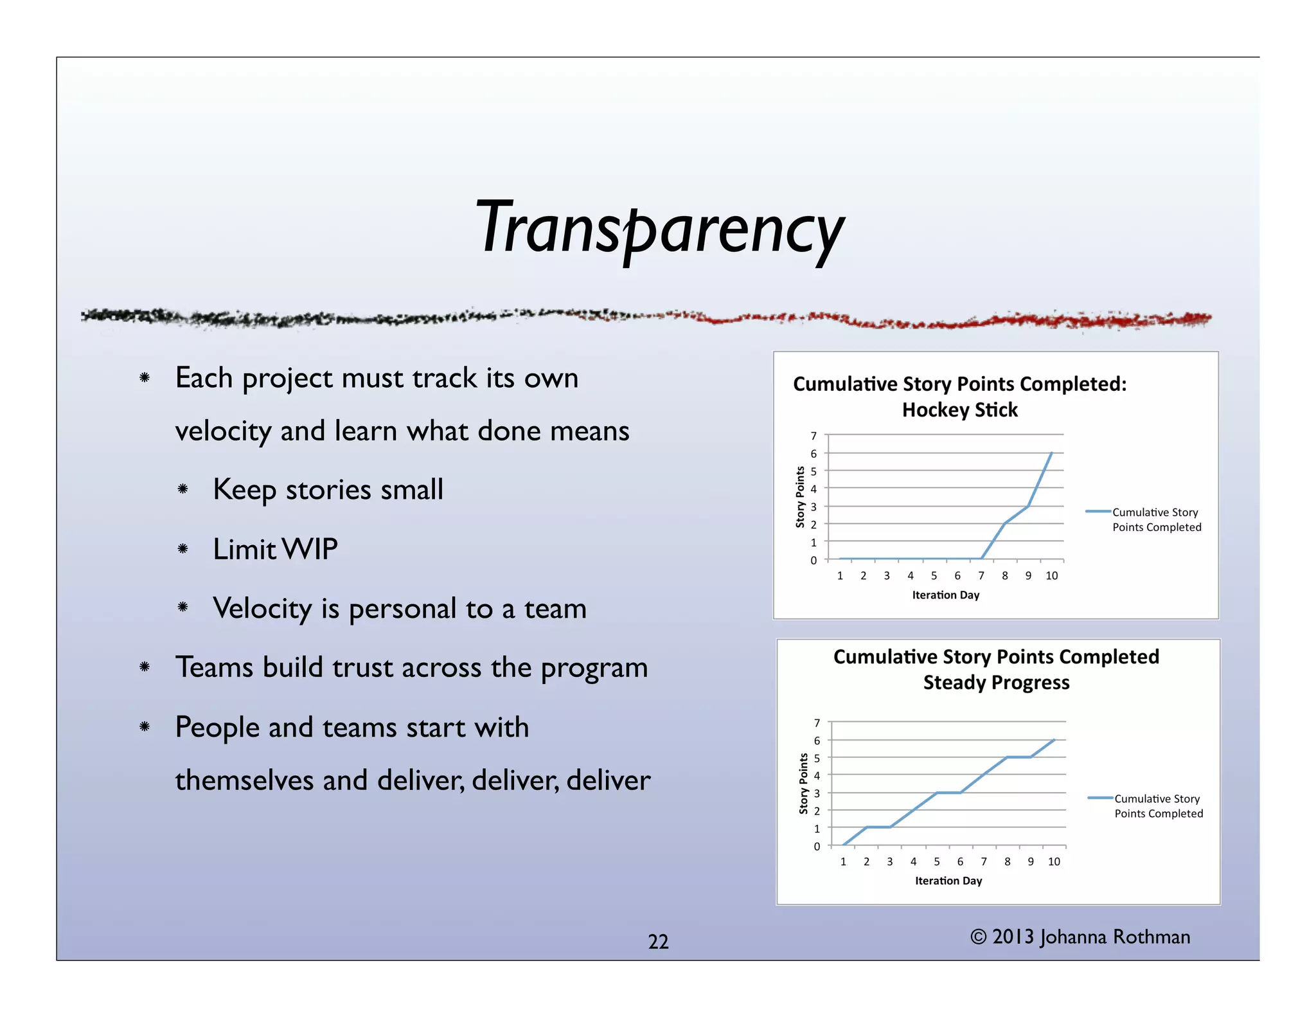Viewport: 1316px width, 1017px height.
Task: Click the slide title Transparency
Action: [659, 229]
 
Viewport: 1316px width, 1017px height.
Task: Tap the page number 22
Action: [658, 942]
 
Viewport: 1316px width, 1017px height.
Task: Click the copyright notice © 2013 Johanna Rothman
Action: [1080, 937]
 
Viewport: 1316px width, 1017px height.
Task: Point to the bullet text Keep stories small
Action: [328, 490]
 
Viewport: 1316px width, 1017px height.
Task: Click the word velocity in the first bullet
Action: [222, 431]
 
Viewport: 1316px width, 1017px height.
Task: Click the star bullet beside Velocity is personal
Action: [183, 607]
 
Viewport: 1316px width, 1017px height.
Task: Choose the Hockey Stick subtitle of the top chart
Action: [959, 410]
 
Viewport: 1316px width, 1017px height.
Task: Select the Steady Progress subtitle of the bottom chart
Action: [996, 683]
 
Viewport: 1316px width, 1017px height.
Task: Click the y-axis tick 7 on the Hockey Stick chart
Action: [814, 437]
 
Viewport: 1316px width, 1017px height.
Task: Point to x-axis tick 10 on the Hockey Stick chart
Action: [1051, 576]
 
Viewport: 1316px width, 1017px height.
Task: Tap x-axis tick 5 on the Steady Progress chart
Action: [937, 862]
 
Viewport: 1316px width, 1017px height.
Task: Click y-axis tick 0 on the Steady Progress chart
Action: [817, 847]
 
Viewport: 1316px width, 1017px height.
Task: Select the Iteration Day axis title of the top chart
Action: [945, 595]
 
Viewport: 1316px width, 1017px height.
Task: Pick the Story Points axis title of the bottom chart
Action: [803, 784]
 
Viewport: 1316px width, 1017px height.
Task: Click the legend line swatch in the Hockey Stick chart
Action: [1098, 512]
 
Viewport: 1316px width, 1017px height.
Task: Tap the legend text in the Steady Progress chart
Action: [1158, 806]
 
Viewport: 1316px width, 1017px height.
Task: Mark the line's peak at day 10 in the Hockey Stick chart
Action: [1051, 453]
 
